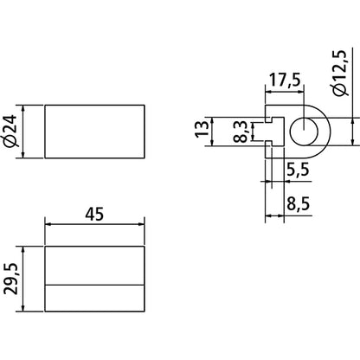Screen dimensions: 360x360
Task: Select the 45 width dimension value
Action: click(94, 215)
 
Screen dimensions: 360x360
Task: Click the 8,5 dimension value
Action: click(298, 206)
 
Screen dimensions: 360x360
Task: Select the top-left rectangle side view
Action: click(94, 132)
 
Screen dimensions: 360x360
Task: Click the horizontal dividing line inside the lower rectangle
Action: click(94, 285)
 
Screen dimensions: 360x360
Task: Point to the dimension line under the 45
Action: click(94, 227)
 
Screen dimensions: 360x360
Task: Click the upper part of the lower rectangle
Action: click(94, 265)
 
